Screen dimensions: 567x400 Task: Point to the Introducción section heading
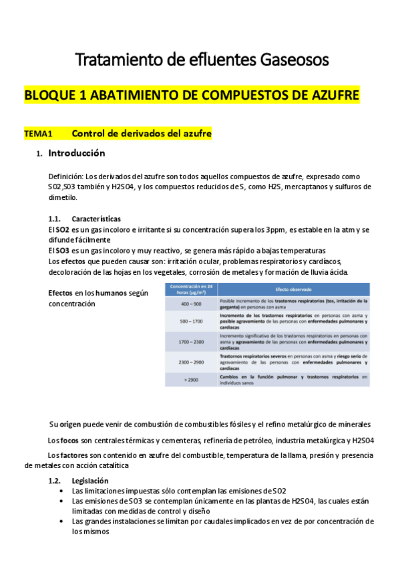(x=76, y=153)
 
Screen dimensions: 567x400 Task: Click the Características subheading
(x=96, y=219)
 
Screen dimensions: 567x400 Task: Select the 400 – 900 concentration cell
(x=191, y=302)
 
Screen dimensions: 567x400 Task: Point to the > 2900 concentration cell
(x=191, y=379)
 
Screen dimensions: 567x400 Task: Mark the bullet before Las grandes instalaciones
(x=62, y=522)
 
